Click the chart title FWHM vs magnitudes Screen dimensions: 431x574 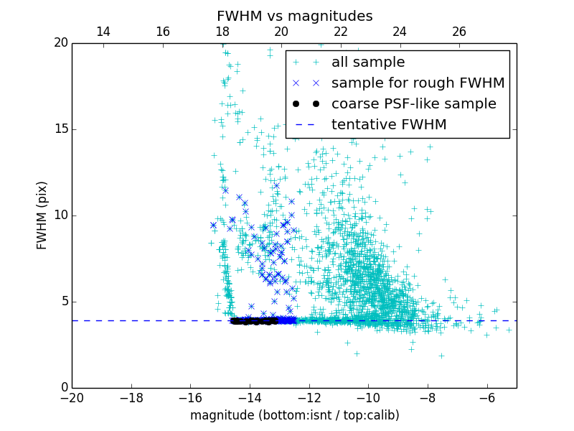[294, 16]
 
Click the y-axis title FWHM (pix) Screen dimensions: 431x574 [42, 215]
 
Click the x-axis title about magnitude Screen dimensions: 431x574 [294, 415]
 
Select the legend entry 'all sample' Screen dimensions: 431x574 [368, 62]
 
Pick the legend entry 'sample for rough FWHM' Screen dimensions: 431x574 [418, 83]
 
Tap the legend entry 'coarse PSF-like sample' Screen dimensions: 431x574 [413, 104]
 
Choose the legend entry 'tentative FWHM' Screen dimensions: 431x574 [389, 125]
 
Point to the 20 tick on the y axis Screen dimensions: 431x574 [60, 43]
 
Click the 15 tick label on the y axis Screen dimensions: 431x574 [60, 129]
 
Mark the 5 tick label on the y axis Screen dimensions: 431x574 [63, 302]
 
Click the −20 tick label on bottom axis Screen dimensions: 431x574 [72, 398]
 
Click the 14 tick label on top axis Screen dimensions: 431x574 [103, 32]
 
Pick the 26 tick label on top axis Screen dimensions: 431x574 [459, 32]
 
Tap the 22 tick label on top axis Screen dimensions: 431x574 [341, 32]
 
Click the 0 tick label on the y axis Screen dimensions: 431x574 [63, 388]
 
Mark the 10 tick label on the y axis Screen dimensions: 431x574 [60, 215]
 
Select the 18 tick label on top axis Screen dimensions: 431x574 [222, 32]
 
